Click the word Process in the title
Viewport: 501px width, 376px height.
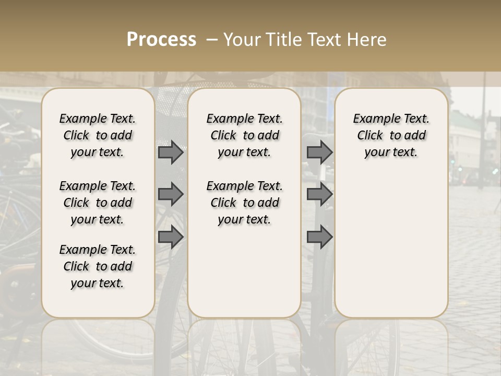161,40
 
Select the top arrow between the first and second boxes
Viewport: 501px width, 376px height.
171,152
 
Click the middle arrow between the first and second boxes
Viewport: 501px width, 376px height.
171,194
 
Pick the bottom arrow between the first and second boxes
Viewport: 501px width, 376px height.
171,237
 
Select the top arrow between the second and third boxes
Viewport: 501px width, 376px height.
319,152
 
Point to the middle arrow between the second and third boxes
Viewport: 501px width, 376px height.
319,194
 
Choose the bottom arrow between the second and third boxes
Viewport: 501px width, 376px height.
319,237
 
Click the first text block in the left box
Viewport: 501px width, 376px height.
98,135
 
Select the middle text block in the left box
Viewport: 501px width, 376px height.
98,203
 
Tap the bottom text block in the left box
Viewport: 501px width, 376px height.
98,266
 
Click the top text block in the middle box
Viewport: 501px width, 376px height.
244,135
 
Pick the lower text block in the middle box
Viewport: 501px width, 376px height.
244,203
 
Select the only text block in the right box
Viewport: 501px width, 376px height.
391,135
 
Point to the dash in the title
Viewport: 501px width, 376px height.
212,40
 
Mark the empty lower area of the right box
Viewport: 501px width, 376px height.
391,245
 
